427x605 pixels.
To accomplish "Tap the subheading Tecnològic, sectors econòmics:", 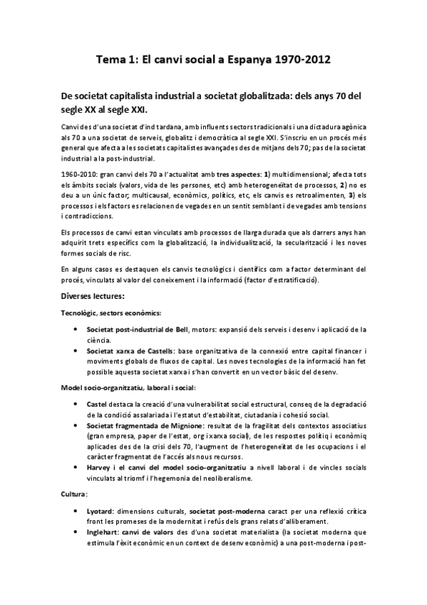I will point(110,312).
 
